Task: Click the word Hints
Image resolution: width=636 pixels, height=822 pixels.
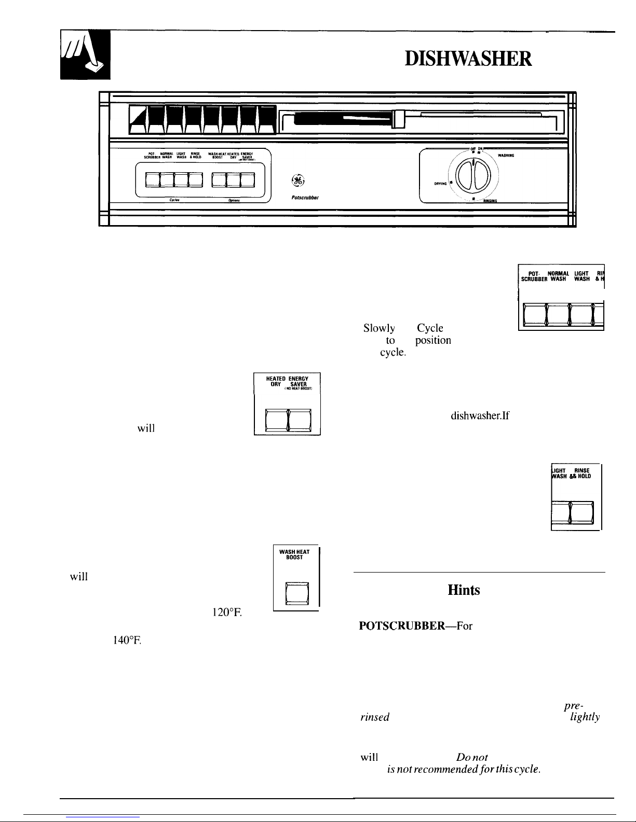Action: tap(463, 590)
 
